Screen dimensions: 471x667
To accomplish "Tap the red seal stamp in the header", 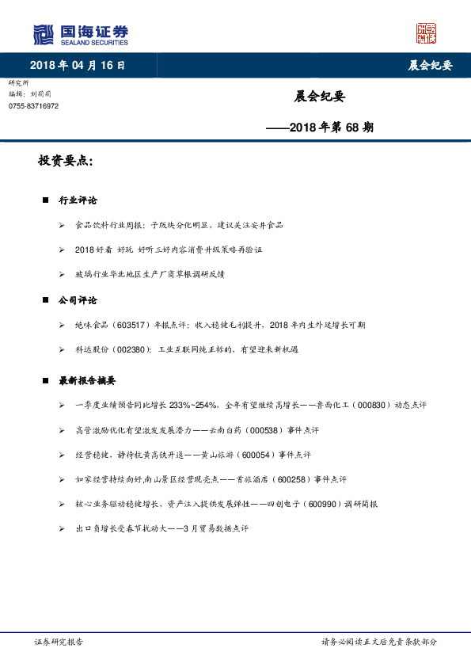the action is pyautogui.click(x=426, y=33).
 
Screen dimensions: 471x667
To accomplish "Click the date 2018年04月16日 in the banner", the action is pyautogui.click(x=78, y=65).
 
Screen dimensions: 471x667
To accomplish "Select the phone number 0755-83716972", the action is pyautogui.click(x=33, y=106).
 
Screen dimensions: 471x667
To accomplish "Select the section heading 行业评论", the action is pyautogui.click(x=78, y=200).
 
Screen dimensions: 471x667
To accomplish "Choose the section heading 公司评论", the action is pyautogui.click(x=78, y=301).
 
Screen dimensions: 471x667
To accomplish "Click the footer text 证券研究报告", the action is pyautogui.click(x=59, y=642).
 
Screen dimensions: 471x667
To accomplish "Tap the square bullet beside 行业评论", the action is pyautogui.click(x=46, y=200).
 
